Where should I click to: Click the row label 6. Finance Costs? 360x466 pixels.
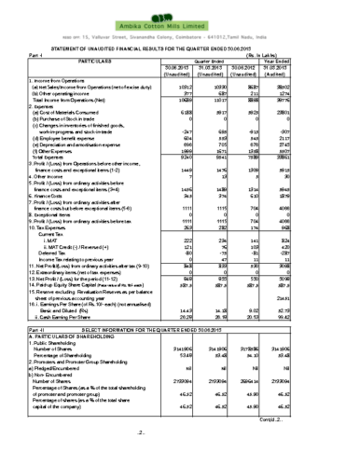coord(55,223)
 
